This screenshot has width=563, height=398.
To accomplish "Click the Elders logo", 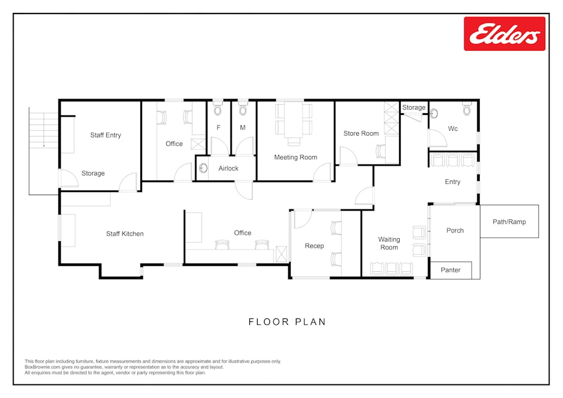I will (504, 34).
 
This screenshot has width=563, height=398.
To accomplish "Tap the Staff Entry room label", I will (106, 135).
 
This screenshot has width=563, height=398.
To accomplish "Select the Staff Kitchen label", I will (124, 234).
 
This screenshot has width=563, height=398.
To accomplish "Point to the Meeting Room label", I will (295, 157).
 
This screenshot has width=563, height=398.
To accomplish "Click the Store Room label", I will (361, 133).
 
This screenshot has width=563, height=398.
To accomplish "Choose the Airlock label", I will (228, 169).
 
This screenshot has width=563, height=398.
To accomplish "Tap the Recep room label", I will (314, 246).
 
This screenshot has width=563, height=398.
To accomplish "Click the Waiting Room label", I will (388, 244).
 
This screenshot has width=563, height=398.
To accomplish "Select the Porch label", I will (455, 231).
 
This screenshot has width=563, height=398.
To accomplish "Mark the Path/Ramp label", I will (509, 222).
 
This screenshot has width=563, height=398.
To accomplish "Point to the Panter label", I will (450, 270).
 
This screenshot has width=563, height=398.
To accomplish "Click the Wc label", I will (453, 129).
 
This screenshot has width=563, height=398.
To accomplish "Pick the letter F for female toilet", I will (218, 127).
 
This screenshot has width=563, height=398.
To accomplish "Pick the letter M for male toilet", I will (242, 127).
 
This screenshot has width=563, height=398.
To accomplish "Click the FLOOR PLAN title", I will (287, 322).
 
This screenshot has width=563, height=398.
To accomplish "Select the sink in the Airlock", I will (203, 169).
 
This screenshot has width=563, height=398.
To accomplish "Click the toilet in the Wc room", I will (467, 109).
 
